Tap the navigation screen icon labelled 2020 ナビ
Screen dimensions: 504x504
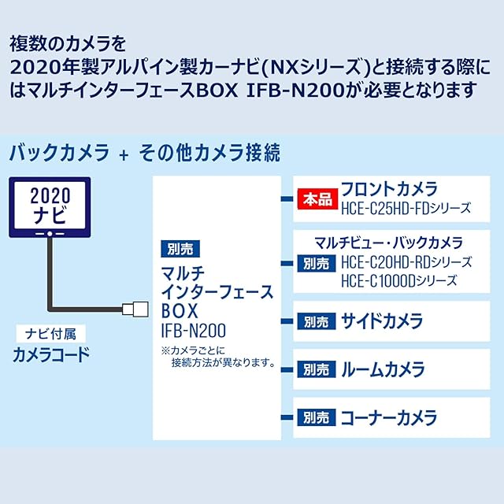pos(50,205)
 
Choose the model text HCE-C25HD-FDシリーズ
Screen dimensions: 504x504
pos(406,208)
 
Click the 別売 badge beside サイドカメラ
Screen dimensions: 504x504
pos(317,321)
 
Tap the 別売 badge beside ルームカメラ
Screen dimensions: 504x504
pos(317,369)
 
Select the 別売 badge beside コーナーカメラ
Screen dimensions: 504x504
pos(317,417)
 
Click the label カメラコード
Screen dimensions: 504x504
pos(50,354)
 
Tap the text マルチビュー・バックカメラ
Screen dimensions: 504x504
pos(388,243)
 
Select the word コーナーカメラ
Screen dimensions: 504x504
pos(388,417)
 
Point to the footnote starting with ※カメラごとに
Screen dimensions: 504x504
pos(217,356)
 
